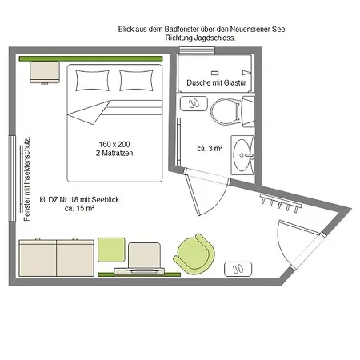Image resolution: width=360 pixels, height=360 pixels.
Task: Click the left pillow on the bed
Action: point(93,81)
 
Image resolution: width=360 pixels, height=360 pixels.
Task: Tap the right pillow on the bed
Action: point(136,81)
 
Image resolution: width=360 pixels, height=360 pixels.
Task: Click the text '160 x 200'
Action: point(114,144)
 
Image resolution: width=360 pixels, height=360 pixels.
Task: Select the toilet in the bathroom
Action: point(232,111)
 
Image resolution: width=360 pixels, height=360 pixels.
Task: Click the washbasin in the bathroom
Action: point(242,155)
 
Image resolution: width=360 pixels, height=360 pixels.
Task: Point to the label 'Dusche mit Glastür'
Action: point(216,82)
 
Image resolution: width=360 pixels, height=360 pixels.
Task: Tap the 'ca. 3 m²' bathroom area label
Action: point(210,148)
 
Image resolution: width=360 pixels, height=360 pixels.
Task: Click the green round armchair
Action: point(194,253)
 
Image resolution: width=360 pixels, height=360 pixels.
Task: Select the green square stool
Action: point(111,250)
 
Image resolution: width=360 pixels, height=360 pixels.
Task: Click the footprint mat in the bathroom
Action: point(194,103)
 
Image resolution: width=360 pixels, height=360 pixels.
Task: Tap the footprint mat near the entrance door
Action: point(238,269)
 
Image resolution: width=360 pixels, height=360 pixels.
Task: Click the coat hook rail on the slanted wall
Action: point(281,203)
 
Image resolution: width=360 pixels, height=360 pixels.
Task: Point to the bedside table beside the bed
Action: point(45,73)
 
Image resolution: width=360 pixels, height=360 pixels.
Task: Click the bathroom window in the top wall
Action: point(197,50)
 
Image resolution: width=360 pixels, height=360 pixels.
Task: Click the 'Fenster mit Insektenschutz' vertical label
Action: point(27,179)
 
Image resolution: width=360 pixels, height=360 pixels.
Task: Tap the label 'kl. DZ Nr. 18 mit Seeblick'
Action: point(79,199)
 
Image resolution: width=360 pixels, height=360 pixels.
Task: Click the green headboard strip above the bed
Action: point(90,58)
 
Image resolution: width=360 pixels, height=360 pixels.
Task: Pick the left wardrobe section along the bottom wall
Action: point(38,258)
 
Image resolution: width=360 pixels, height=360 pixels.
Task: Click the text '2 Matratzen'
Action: point(114,153)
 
